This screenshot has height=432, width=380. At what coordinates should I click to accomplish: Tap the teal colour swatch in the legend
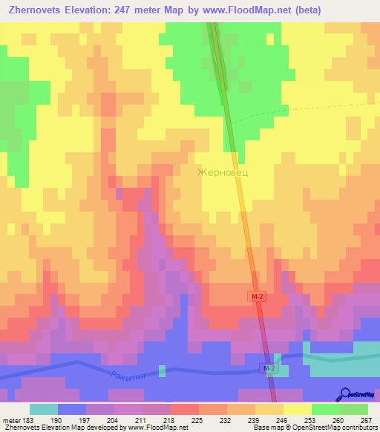tap(44, 409)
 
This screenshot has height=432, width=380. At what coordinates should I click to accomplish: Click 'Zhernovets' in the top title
tap(36, 10)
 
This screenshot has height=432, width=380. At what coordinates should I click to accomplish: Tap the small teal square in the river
tap(162, 370)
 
